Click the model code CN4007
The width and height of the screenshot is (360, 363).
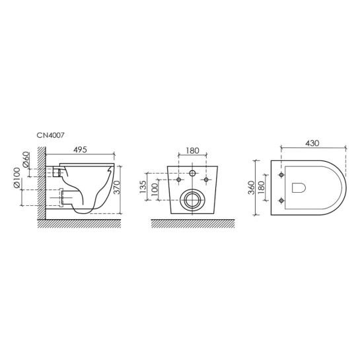click(x=50, y=135)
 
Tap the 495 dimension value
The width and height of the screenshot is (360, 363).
click(x=80, y=150)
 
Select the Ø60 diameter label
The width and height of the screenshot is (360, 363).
click(x=26, y=159)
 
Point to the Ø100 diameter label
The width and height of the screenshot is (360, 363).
click(x=17, y=178)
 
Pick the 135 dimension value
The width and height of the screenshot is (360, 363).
click(x=143, y=187)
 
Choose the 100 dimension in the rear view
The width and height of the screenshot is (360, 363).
click(x=155, y=189)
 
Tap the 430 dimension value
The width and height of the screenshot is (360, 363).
click(x=312, y=143)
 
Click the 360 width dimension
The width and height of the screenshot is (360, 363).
click(x=252, y=187)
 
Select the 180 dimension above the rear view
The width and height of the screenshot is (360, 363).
click(x=192, y=150)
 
